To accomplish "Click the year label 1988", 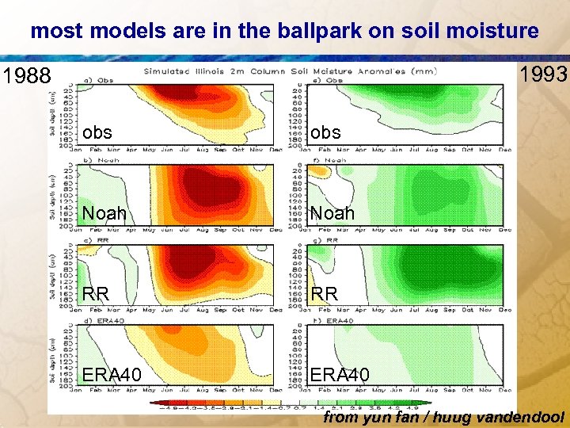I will coord(26,77).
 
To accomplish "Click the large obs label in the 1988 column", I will coord(97,132).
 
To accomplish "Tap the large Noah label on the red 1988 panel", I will coord(104,213).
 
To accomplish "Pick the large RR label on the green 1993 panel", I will coord(324,293).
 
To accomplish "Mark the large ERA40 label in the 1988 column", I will coord(112,373).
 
